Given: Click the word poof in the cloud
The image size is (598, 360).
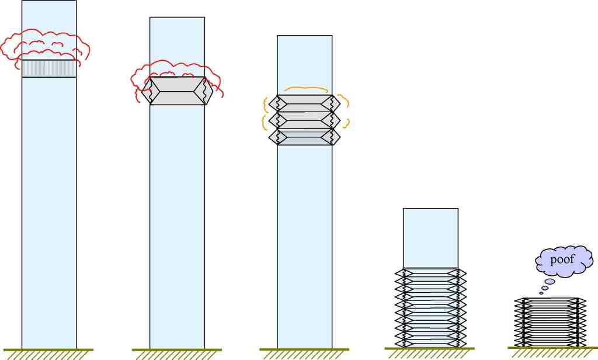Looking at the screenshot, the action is [x=562, y=260].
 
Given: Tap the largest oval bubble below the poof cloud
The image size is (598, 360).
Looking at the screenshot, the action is [x=550, y=281].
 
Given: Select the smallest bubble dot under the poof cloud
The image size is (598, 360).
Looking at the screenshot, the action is [x=541, y=293].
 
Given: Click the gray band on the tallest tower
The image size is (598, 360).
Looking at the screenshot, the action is [x=49, y=69].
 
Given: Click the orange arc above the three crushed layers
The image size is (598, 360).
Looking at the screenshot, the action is [x=306, y=89].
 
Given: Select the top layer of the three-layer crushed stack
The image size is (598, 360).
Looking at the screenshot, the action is [x=304, y=103].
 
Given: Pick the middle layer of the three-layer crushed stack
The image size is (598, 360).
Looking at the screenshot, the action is [x=304, y=120].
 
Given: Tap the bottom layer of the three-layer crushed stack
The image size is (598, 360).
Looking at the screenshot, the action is [x=304, y=137].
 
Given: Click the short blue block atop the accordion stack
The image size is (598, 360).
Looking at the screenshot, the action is [x=430, y=238].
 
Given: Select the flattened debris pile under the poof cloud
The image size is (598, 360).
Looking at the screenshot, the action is [x=550, y=323].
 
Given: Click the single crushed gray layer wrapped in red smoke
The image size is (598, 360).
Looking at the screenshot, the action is [x=177, y=91].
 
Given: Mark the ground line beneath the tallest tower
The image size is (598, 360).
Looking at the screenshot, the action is [x=48, y=349].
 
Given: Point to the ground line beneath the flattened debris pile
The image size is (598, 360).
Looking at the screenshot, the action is [x=552, y=348].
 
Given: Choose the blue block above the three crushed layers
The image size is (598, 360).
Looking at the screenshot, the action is [x=305, y=65].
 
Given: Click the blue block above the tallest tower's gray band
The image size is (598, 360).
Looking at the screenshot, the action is [x=49, y=30].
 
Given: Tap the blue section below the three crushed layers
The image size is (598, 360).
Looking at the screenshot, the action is [x=305, y=247].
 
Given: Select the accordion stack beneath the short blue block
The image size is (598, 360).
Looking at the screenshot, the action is [x=430, y=308].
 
